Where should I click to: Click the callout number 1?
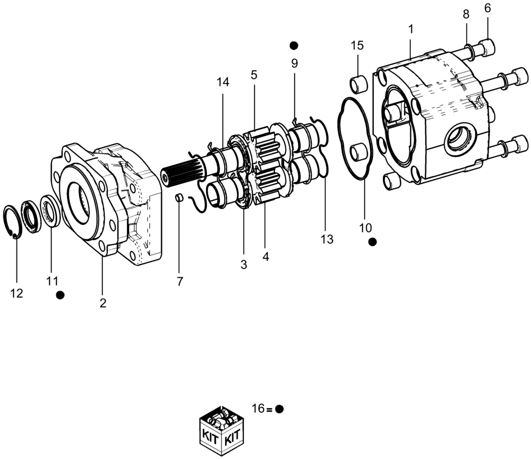(410, 30)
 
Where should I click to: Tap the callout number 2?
(103, 303)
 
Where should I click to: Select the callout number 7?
(180, 282)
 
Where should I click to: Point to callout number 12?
(17, 293)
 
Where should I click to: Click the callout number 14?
(222, 82)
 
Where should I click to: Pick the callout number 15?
(357, 45)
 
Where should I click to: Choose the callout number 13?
(327, 240)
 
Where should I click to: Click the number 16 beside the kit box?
(258, 409)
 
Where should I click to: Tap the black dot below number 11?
(61, 294)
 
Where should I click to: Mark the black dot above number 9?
(294, 45)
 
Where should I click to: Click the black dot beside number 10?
(372, 242)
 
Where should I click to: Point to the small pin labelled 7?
(179, 199)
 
